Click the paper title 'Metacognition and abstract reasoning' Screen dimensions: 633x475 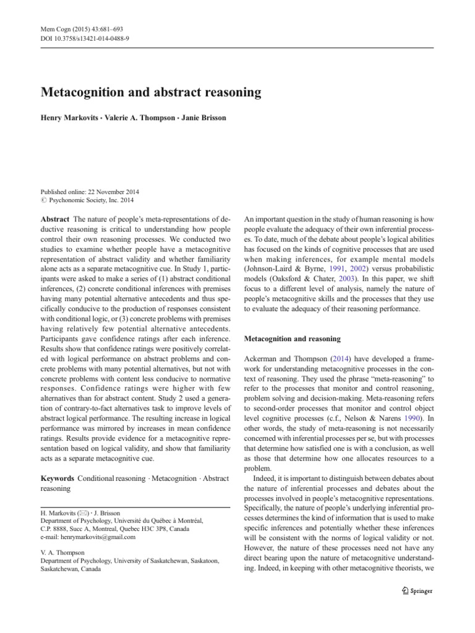click(x=151, y=93)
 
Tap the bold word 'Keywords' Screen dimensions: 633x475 click(x=57, y=478)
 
